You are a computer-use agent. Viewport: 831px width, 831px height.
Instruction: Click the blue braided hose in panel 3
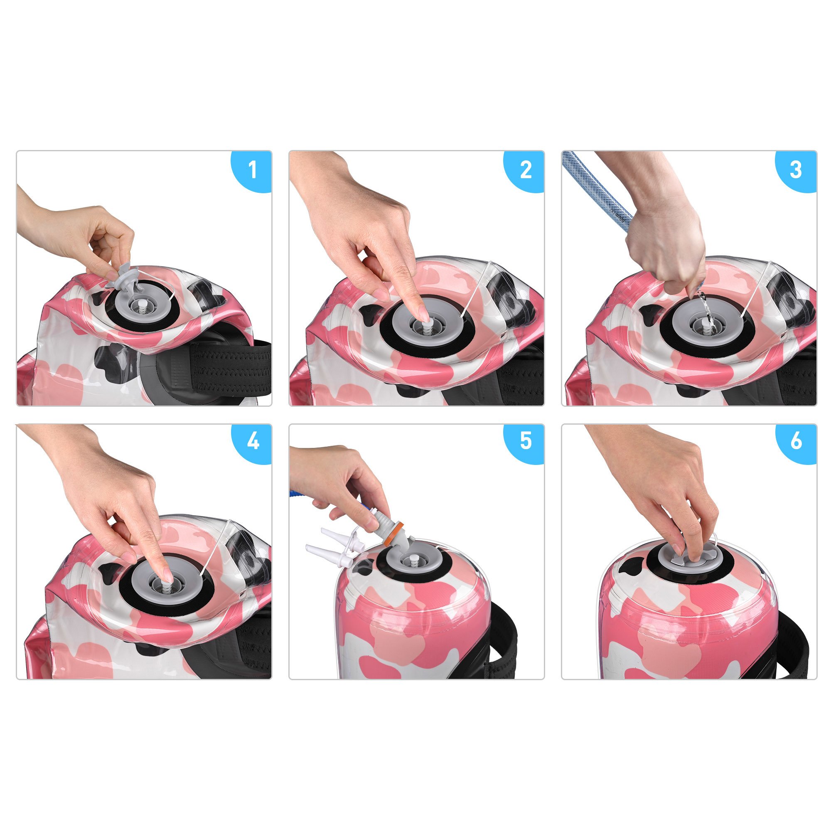point(598,189)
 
